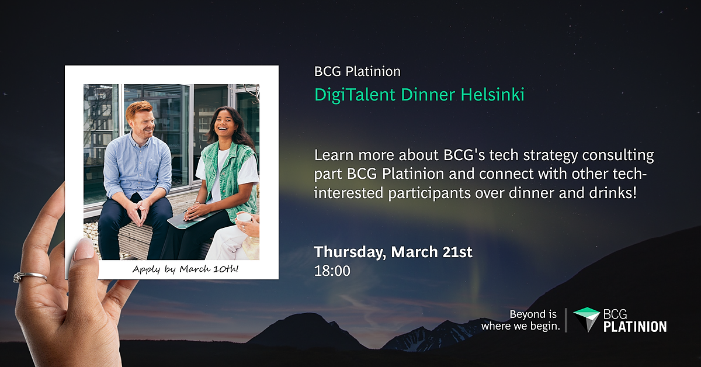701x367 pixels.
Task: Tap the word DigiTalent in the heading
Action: (x=355, y=95)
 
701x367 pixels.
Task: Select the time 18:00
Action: (x=332, y=271)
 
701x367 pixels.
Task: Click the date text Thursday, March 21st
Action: (x=393, y=252)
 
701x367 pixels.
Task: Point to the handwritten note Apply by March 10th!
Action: (x=185, y=269)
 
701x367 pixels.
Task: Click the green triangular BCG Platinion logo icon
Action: (x=587, y=320)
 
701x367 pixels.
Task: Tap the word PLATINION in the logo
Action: (x=635, y=327)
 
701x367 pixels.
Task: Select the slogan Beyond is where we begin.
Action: (x=520, y=320)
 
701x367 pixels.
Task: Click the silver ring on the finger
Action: (x=30, y=277)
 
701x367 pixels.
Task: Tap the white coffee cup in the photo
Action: (x=244, y=217)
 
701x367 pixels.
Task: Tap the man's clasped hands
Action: (x=139, y=212)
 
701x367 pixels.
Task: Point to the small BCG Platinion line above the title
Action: (x=358, y=72)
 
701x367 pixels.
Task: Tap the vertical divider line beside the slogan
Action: (x=566, y=320)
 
